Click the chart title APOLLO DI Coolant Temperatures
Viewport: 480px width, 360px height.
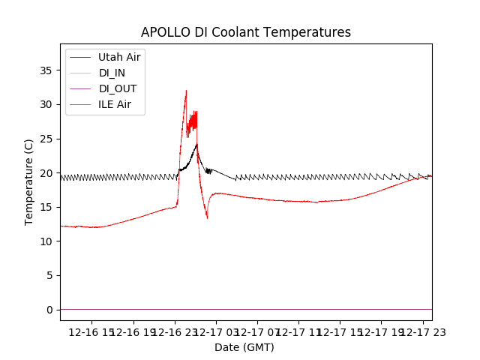(x=246, y=32)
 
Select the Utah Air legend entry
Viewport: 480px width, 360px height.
(x=118, y=57)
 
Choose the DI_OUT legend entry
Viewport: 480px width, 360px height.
(x=117, y=88)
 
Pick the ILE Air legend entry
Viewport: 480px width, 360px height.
(x=114, y=104)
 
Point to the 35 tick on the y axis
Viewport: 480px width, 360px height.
(x=46, y=70)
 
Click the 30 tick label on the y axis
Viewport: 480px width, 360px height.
(x=46, y=104)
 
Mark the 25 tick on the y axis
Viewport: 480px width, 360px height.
(x=46, y=139)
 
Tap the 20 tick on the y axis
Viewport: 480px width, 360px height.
(x=46, y=173)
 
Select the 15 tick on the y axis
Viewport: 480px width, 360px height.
(x=46, y=207)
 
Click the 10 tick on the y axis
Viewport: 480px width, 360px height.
(x=46, y=241)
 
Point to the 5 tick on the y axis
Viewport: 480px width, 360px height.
(x=49, y=275)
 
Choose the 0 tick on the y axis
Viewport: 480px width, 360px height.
(x=49, y=310)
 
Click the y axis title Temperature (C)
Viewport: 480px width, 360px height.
(x=29, y=182)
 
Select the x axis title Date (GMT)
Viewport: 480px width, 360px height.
(x=244, y=347)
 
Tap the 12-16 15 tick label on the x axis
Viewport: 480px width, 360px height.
(x=91, y=331)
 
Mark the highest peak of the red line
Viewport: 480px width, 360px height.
(x=186, y=91)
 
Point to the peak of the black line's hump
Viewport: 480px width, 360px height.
(x=196, y=144)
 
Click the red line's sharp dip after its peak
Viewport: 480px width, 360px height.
(x=207, y=217)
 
